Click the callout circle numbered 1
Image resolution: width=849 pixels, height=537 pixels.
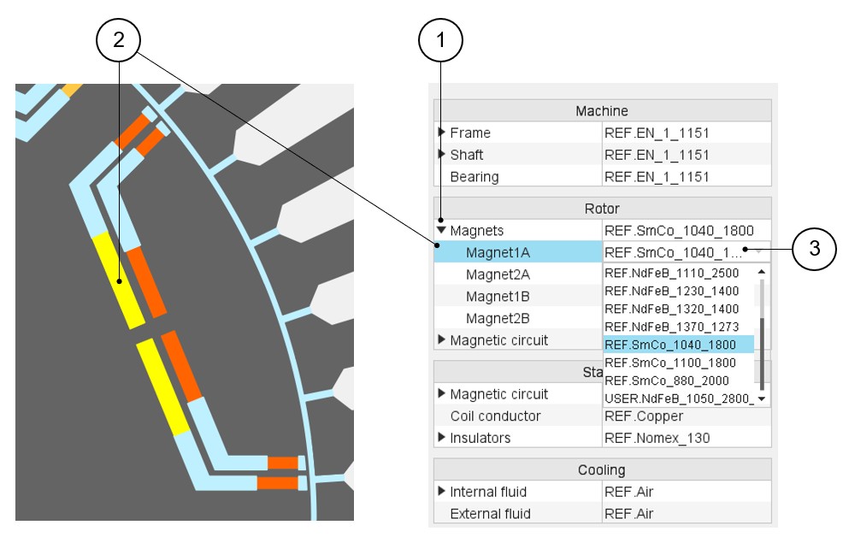click(x=440, y=39)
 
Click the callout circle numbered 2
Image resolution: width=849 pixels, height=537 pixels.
click(x=118, y=39)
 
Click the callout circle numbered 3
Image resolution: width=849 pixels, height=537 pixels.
click(x=814, y=249)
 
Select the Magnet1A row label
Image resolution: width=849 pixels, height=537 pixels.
click(x=498, y=253)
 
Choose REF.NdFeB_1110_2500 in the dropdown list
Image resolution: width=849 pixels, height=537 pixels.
click(x=671, y=273)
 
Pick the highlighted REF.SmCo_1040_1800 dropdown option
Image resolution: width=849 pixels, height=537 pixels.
click(x=670, y=345)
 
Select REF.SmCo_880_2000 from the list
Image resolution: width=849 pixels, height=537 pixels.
click(x=667, y=381)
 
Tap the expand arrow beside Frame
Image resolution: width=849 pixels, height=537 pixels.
click(x=441, y=132)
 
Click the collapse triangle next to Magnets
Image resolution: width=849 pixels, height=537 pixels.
click(x=441, y=230)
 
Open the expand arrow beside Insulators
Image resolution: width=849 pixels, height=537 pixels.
click(x=441, y=437)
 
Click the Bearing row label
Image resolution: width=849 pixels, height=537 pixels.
click(x=475, y=177)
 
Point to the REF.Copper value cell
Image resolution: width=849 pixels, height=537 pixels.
click(x=643, y=416)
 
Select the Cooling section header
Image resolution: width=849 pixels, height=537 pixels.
click(x=602, y=469)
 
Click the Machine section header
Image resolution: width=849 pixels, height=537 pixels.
click(x=602, y=110)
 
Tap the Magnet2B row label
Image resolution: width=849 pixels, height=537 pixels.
click(x=498, y=318)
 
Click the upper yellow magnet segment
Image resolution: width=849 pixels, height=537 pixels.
click(x=119, y=280)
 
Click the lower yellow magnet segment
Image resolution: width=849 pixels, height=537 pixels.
click(x=162, y=387)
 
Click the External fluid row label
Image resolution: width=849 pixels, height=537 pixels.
click(x=490, y=514)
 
